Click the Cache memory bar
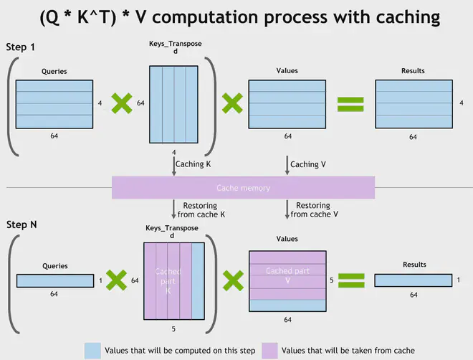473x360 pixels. [x=243, y=188]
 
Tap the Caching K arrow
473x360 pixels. [x=174, y=165]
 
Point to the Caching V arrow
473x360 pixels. [x=288, y=165]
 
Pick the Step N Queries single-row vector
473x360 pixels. [x=55, y=280]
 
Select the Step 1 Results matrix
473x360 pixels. [x=414, y=103]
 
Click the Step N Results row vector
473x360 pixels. [x=414, y=280]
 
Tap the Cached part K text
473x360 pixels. [x=168, y=280]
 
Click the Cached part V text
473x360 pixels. [x=287, y=275]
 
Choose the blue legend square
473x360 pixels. [x=92, y=349]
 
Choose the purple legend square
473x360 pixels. [x=270, y=349]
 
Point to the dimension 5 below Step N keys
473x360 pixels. [x=174, y=329]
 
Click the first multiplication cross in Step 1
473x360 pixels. [x=120, y=104]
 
